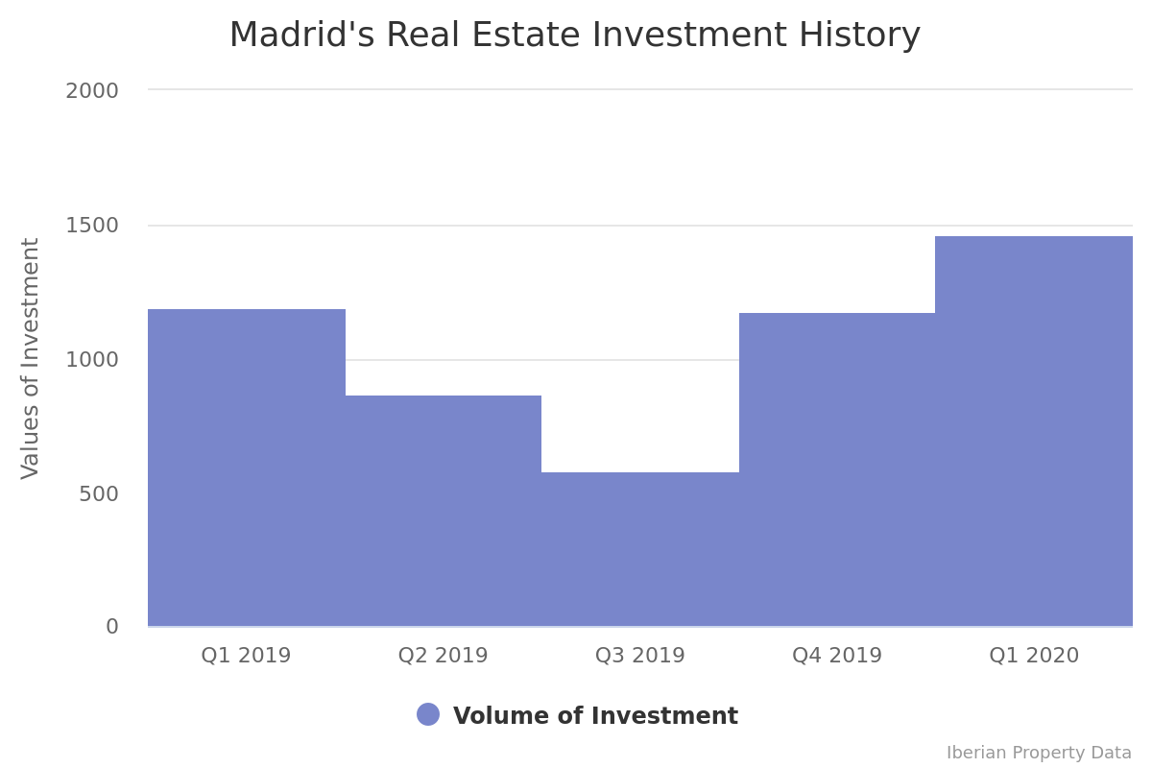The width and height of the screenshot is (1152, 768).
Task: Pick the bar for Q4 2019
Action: point(837,469)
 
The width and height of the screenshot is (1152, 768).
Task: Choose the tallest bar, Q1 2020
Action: point(1034,431)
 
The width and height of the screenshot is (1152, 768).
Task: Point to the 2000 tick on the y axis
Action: point(92,91)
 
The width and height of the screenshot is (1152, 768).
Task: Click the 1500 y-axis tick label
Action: point(92,226)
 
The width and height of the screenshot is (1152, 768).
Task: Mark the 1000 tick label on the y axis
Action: point(92,360)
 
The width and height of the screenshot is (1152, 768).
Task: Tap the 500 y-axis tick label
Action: point(99,493)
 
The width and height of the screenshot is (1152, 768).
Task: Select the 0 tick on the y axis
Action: point(112,627)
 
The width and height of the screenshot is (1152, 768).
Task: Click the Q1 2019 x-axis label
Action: point(246,656)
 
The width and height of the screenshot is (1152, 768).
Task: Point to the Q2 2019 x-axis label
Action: point(444,656)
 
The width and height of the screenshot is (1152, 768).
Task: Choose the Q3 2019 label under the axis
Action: point(640,656)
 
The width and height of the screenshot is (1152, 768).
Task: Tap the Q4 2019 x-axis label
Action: point(837,656)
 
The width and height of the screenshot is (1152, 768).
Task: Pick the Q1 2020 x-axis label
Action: point(1034,656)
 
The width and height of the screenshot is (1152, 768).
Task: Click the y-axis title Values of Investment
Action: point(31,358)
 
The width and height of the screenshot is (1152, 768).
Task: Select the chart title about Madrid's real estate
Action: point(574,36)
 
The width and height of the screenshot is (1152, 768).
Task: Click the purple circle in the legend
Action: point(428,714)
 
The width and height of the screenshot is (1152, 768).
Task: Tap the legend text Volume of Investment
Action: point(595,716)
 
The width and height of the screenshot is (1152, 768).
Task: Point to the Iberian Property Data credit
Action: point(1039,753)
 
